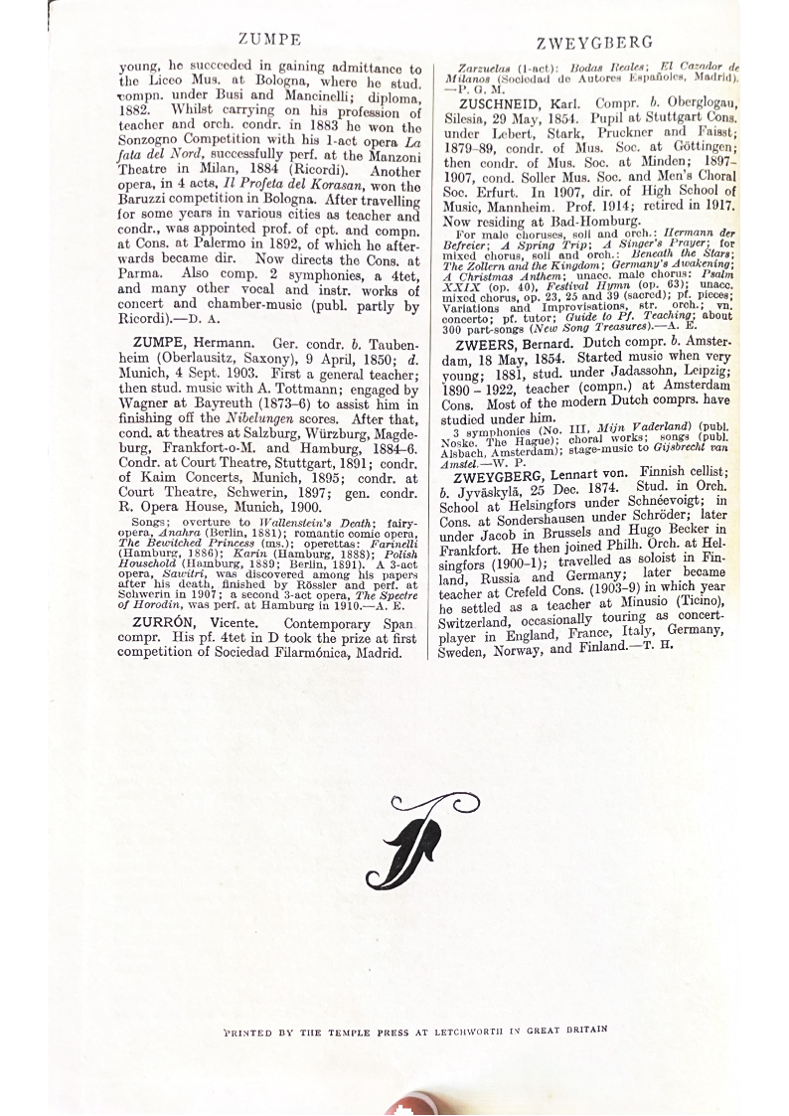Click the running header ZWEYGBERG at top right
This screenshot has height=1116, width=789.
pos(594,43)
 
